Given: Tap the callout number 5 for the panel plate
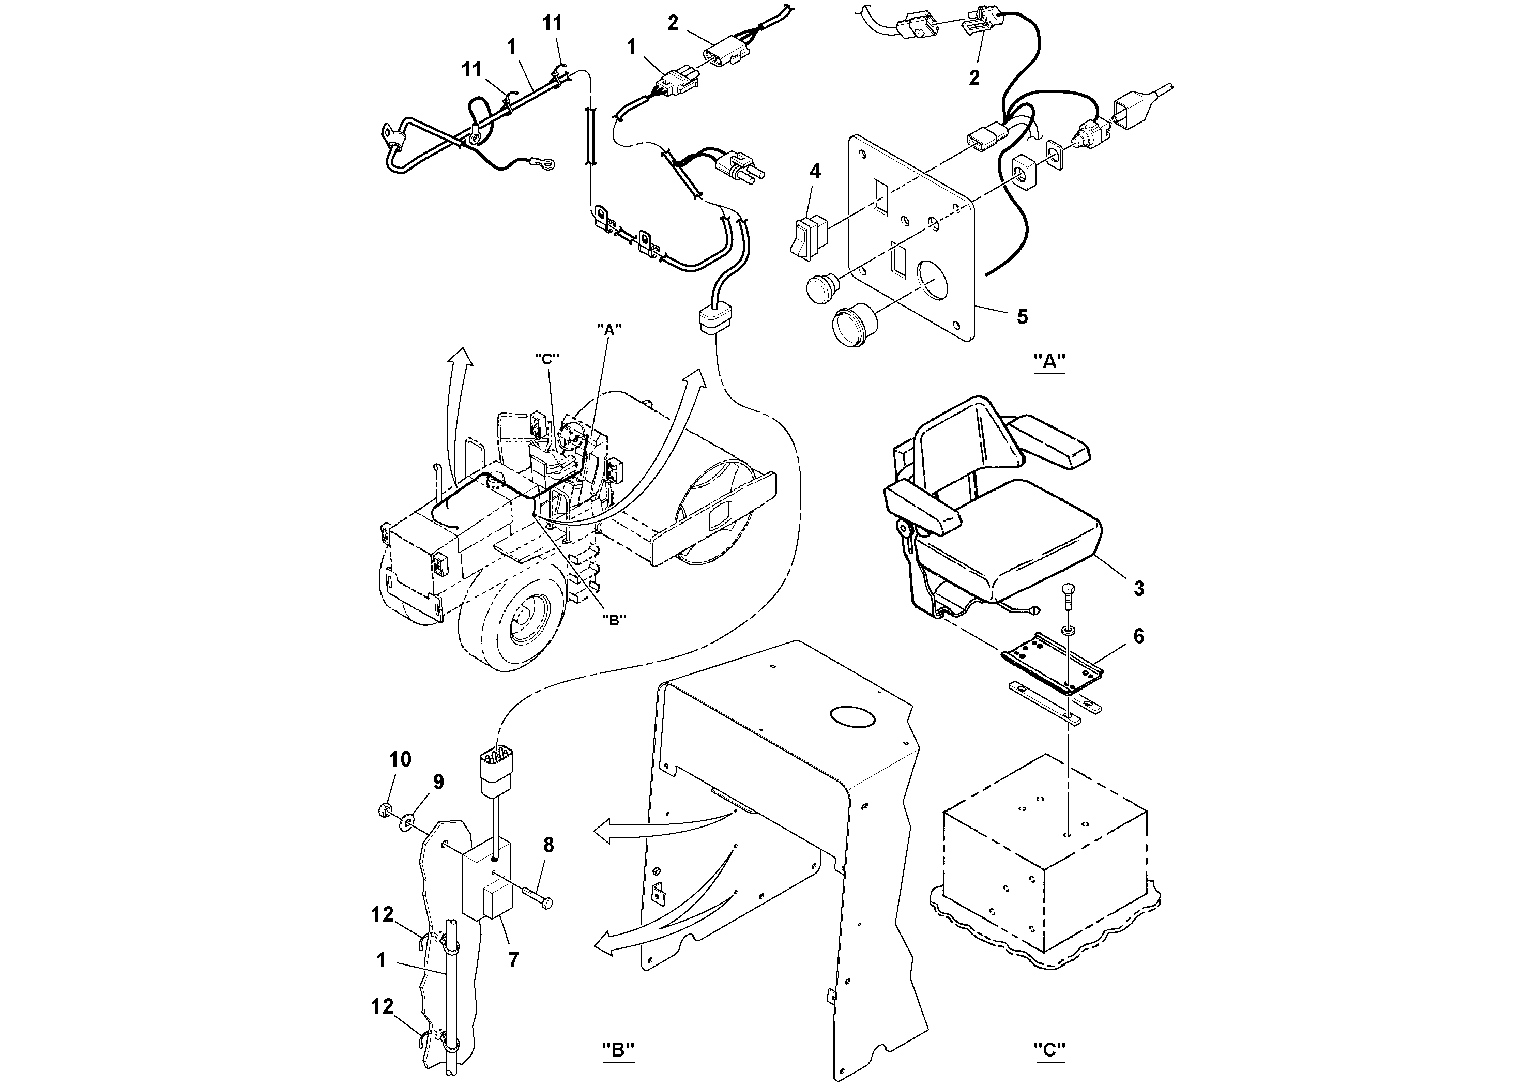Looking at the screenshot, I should tap(1022, 316).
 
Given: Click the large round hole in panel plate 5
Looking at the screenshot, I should tap(927, 280).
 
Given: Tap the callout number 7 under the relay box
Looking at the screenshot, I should tap(513, 960).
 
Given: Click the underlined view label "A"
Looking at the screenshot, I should tap(1049, 362).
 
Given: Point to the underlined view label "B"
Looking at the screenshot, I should tap(617, 1049).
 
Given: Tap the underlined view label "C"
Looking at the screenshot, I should tap(1049, 1049).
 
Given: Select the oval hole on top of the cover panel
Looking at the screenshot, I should tap(852, 716).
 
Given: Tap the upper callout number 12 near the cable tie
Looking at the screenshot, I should tap(383, 915).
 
